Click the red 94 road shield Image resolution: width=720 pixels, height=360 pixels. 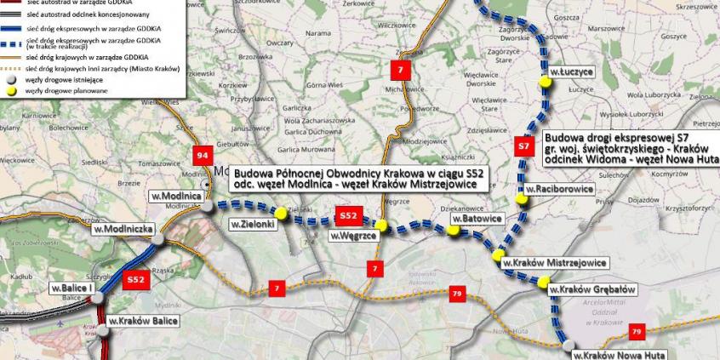tap(203, 155)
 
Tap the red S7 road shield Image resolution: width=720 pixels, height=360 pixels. tap(523, 146)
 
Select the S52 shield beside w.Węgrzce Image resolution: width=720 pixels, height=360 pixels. tap(349, 214)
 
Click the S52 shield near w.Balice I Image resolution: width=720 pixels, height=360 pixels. tap(134, 279)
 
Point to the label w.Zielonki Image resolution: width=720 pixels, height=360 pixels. tap(251, 224)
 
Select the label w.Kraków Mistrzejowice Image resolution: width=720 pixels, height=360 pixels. tap(554, 262)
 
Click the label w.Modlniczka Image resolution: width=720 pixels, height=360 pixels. tap(123, 229)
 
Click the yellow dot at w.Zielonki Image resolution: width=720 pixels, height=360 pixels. tap(280, 212)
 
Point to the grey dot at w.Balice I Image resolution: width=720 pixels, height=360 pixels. tap(100, 297)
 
